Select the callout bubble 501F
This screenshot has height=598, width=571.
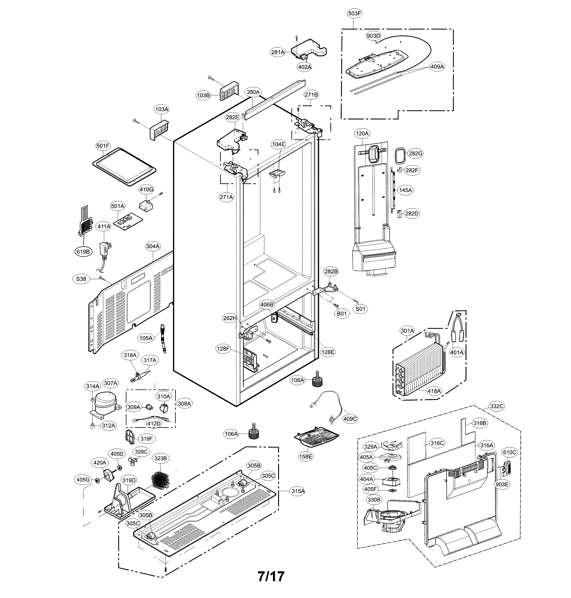tap(103, 146)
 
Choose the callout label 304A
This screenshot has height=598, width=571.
tap(153, 246)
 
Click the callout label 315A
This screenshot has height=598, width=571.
tap(298, 491)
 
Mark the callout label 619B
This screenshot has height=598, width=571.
tap(83, 252)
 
